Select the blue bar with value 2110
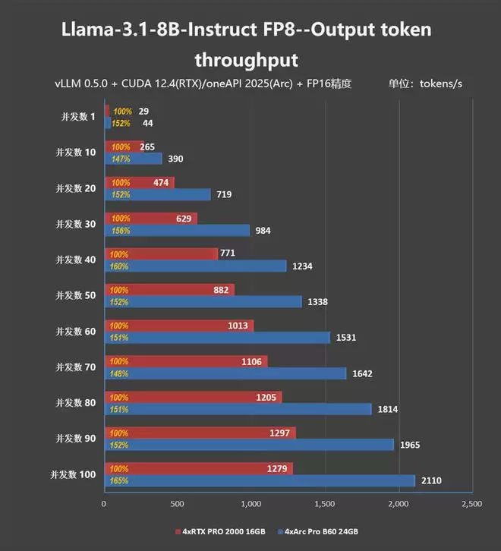(x=258, y=480)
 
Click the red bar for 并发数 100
(x=197, y=468)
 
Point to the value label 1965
(x=411, y=445)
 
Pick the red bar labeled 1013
(x=178, y=326)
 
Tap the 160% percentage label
(x=120, y=266)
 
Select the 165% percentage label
(x=120, y=480)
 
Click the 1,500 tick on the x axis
(x=324, y=503)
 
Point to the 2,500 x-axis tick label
(x=471, y=503)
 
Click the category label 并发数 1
(x=78, y=117)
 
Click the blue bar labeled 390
(x=133, y=159)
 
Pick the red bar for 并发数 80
(x=192, y=397)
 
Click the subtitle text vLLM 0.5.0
(x=80, y=84)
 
